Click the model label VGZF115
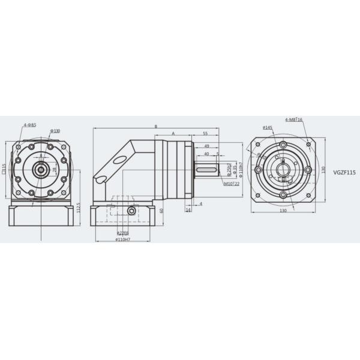(x=344, y=172)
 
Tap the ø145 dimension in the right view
(x=268, y=128)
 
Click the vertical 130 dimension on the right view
(x=322, y=170)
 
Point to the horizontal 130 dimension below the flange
(x=282, y=211)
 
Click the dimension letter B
(x=156, y=127)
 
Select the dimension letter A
(x=173, y=133)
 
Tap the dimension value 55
(x=205, y=133)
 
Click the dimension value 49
(x=206, y=146)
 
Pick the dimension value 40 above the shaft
(x=206, y=154)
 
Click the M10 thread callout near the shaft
(x=232, y=184)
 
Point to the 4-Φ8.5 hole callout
(x=30, y=125)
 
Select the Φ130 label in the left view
(x=55, y=131)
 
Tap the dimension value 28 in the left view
(x=54, y=170)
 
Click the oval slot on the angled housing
(x=119, y=160)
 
